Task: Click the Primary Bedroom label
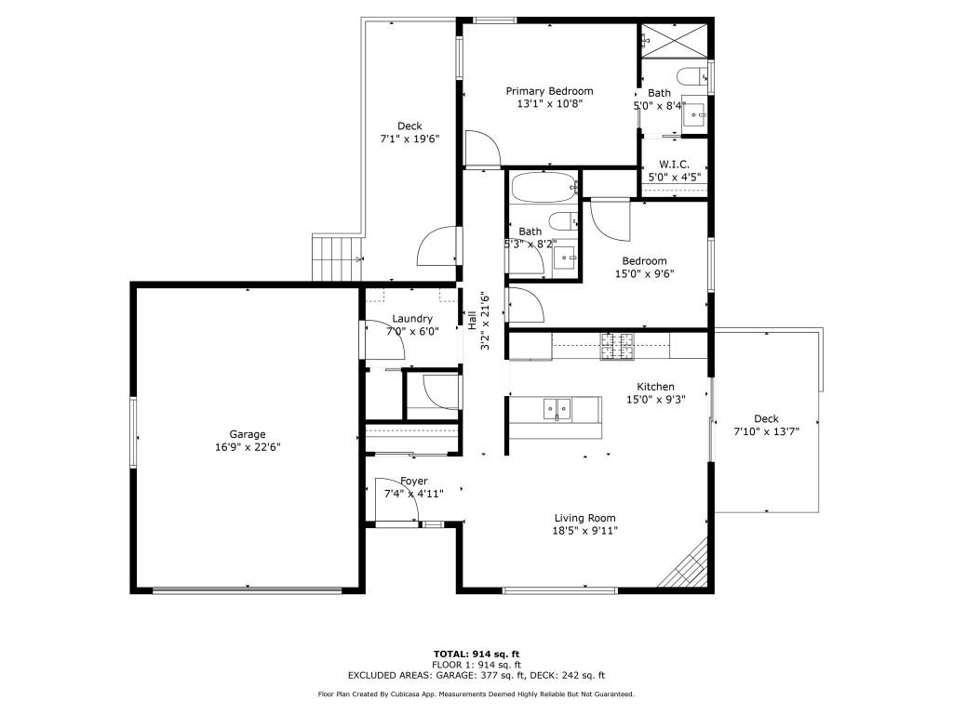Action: (549, 91)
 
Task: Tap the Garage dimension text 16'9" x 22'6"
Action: (248, 447)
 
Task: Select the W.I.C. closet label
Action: (673, 164)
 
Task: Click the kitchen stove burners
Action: (618, 346)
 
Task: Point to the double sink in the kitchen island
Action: (558, 408)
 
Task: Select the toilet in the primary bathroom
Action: (691, 76)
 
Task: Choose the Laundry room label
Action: (411, 319)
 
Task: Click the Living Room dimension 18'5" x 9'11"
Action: (584, 531)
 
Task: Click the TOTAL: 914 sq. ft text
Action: (476, 654)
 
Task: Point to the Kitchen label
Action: (655, 387)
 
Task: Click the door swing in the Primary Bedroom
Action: (482, 149)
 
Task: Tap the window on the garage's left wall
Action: (133, 433)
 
